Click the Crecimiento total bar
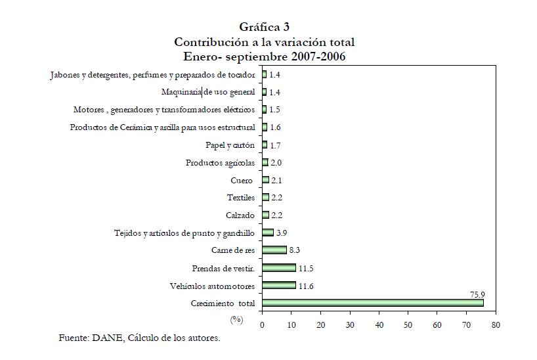[x=372, y=303]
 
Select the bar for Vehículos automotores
[x=279, y=286]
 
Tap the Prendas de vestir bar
[x=279, y=268]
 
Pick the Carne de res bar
[x=274, y=250]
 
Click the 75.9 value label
[x=477, y=295]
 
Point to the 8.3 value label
[x=295, y=250]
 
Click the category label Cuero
[x=241, y=180]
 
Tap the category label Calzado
[x=240, y=215]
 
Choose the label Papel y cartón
[x=230, y=145]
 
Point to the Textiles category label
[x=240, y=197]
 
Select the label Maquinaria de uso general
[x=208, y=92]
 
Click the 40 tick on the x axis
[x=379, y=325]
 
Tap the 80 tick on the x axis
[x=496, y=325]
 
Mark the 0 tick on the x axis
[x=262, y=325]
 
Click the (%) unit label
[x=236, y=319]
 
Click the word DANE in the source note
[x=108, y=338]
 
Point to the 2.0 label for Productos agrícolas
[x=277, y=162]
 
